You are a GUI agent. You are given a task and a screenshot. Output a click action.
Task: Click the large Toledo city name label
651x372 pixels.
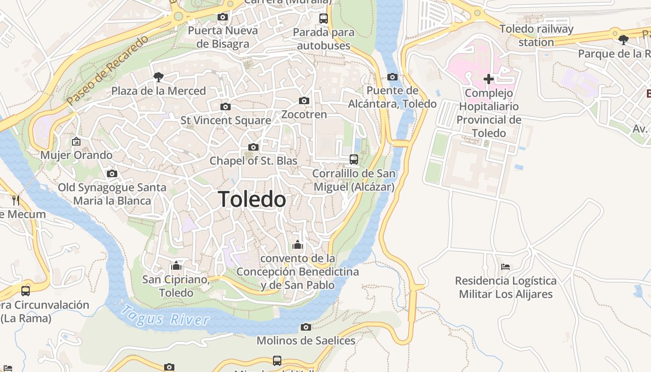coord(252,199)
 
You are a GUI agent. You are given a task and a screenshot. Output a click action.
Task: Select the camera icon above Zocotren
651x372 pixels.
coord(304,100)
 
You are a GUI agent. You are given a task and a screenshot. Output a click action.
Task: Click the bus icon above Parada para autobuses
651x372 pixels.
coord(323,19)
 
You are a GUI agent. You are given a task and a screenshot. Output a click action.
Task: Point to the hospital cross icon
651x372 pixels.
coord(488,79)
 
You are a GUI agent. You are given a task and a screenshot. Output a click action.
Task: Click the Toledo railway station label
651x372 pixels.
coord(536,35)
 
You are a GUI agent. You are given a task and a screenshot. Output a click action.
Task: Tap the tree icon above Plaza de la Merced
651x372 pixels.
coord(158,77)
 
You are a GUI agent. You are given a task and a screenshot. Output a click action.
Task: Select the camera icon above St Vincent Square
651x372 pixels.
coord(225,106)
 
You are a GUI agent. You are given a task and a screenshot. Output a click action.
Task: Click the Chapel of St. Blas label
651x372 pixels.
coord(253,161)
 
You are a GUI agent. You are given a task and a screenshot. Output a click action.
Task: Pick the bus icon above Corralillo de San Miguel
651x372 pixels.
coord(353,159)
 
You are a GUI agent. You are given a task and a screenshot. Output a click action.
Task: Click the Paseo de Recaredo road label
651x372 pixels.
coord(107,69)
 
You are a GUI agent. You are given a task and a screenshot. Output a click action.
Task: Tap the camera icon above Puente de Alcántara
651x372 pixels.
coord(392,77)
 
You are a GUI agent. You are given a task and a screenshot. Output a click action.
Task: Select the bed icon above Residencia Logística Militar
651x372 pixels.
coord(505,267)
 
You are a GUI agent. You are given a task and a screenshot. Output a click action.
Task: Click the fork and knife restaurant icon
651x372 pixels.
coord(16,200)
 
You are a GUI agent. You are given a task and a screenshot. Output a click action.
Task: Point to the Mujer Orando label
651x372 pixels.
coord(76,155)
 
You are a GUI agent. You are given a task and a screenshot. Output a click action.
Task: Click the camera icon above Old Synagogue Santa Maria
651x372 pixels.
coord(112,173)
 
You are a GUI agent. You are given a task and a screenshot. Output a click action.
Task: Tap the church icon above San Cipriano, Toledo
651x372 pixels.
coord(176,266)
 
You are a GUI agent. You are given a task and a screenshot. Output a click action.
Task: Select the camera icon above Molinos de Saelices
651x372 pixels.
coord(306,327)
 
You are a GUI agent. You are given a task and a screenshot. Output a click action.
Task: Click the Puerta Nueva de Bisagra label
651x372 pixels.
coord(223,37)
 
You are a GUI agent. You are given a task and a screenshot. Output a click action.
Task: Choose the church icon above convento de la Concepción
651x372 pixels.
coord(298,245)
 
